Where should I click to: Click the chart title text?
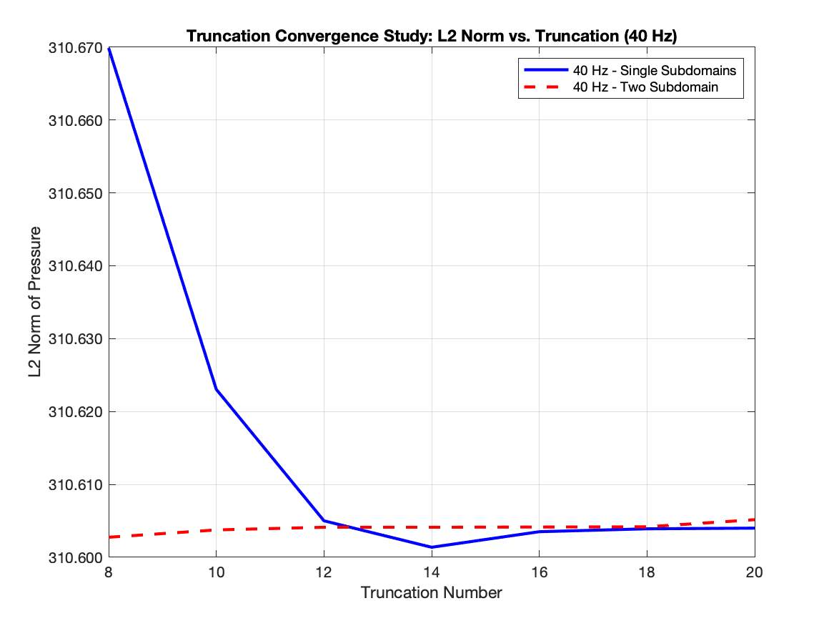tap(431, 36)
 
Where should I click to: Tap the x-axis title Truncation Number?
tap(431, 593)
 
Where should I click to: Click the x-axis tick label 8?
tap(109, 572)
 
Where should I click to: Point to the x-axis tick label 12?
tap(324, 572)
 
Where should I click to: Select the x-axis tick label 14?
tap(431, 572)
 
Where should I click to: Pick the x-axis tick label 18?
tap(647, 572)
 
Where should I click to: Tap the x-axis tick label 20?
tap(754, 572)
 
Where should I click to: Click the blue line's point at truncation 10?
tap(216, 389)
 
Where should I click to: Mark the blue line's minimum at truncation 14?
tap(431, 547)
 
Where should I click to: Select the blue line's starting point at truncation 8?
tap(109, 49)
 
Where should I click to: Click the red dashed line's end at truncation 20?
tap(754, 519)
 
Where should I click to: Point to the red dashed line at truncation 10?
tap(216, 530)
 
